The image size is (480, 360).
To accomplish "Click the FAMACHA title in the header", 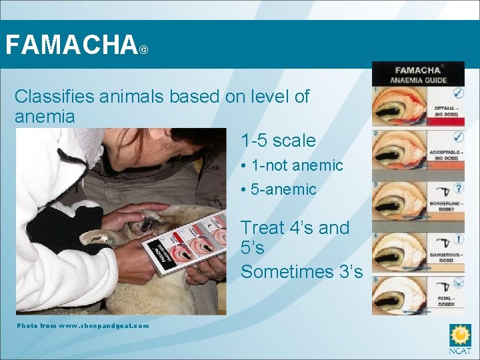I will click(70, 45).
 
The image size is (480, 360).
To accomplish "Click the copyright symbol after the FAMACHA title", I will click(144, 50).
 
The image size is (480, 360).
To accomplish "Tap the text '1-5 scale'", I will click(277, 141).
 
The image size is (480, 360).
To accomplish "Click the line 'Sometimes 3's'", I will click(301, 272).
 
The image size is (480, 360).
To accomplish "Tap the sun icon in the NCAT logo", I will click(460, 334).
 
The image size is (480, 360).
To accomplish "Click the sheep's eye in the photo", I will click(146, 225).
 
